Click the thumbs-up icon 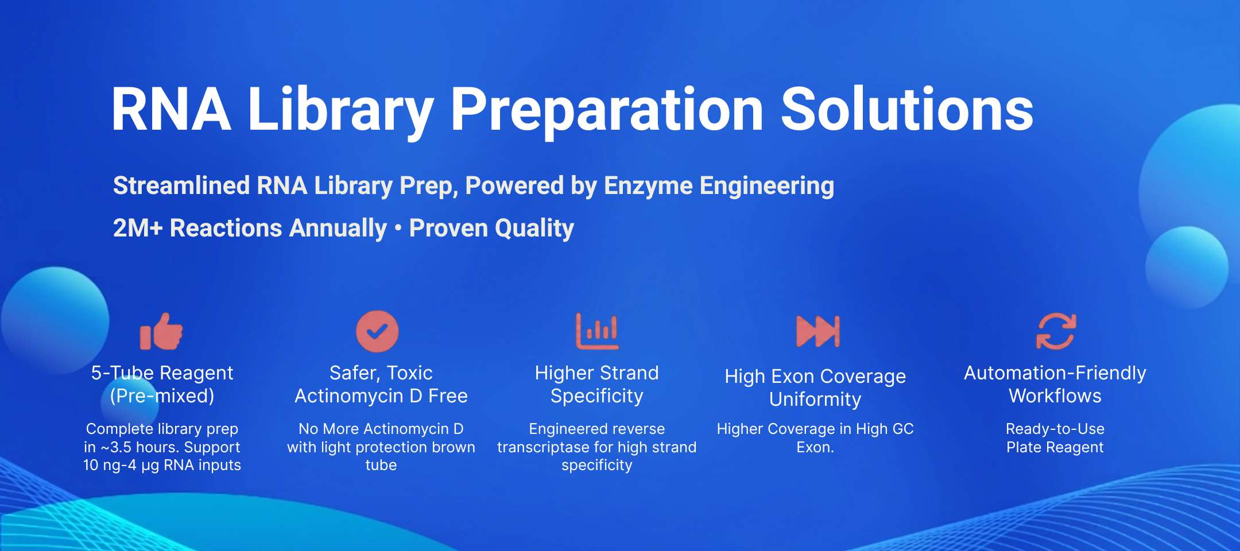pyautogui.click(x=161, y=331)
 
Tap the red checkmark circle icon pyautogui.click(x=377, y=331)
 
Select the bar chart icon pyautogui.click(x=598, y=331)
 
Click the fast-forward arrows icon pyautogui.click(x=818, y=331)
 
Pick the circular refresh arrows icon pyautogui.click(x=1056, y=331)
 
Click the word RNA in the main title pyautogui.click(x=171, y=109)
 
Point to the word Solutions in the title pyautogui.click(x=907, y=109)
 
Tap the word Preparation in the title pyautogui.click(x=607, y=112)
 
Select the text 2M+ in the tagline pyautogui.click(x=138, y=228)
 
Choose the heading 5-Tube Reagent pyautogui.click(x=162, y=373)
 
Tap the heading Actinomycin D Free pyautogui.click(x=381, y=396)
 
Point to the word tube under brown pyautogui.click(x=381, y=465)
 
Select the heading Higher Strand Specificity pyautogui.click(x=597, y=385)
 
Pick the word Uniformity pyautogui.click(x=815, y=399)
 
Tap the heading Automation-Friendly pyautogui.click(x=1055, y=373)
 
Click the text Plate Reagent pyautogui.click(x=1055, y=447)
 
